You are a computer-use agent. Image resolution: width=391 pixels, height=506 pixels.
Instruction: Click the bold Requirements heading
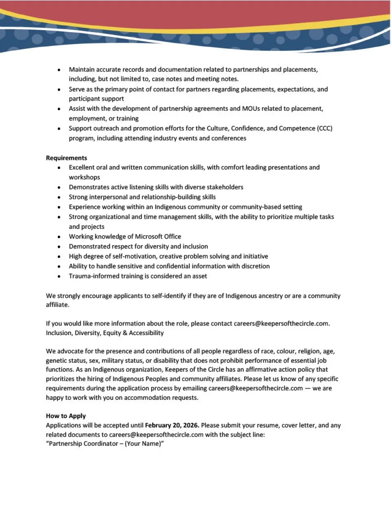point(66,158)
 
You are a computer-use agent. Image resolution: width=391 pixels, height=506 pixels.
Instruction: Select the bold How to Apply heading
point(66,416)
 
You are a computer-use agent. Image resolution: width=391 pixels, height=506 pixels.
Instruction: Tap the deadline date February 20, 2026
point(172,425)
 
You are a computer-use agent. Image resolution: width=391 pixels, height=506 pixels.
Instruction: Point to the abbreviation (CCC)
point(325,128)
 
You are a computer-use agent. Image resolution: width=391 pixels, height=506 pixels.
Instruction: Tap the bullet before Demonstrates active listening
point(59,188)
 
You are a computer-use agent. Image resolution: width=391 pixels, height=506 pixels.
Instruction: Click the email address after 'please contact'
point(281,323)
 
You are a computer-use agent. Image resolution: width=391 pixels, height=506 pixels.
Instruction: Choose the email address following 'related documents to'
point(156,434)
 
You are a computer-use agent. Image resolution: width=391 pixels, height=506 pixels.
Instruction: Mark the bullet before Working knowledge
point(59,237)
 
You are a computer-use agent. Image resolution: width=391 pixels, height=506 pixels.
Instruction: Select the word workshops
point(84,177)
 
